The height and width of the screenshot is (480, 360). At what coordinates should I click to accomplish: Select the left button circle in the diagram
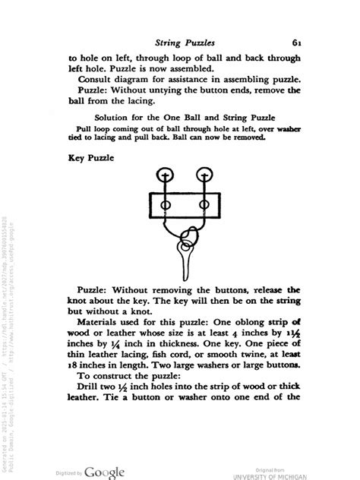tap(162, 175)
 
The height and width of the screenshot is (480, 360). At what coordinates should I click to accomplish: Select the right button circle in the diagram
tap(202, 175)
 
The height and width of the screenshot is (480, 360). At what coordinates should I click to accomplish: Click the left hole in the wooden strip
tap(162, 204)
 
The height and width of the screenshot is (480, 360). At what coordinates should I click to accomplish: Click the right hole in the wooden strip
tap(201, 204)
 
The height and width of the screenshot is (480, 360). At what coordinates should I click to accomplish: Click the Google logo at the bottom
tap(104, 472)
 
